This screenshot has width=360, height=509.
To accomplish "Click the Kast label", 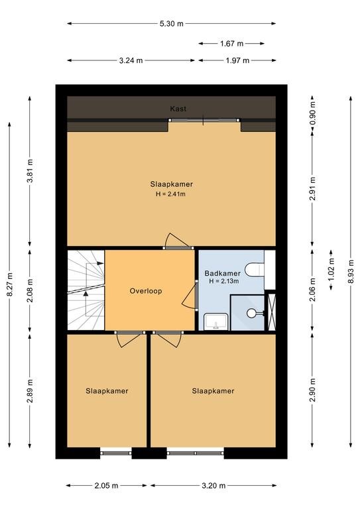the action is (x=178, y=109).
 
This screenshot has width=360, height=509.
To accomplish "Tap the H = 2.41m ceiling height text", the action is (x=170, y=194).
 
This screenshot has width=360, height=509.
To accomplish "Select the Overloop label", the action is (x=146, y=291).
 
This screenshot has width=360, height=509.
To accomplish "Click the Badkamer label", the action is (x=222, y=273).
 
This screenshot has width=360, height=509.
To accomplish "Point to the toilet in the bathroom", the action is (x=255, y=270).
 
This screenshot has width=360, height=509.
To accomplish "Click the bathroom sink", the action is (x=216, y=321).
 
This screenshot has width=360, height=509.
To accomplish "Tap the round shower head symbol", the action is (x=251, y=313).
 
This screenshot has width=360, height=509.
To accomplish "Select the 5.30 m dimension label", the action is (x=172, y=23).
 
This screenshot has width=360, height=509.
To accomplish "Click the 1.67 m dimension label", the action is (x=231, y=43).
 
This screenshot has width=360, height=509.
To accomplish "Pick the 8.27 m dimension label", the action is (x=10, y=284).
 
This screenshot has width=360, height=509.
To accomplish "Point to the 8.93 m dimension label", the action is (x=351, y=272).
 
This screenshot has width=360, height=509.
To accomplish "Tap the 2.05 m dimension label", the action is (x=107, y=486).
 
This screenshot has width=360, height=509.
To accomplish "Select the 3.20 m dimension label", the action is (x=213, y=486).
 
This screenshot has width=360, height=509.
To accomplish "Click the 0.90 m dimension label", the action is (x=313, y=113).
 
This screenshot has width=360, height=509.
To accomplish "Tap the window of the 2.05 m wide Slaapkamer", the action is (x=116, y=453).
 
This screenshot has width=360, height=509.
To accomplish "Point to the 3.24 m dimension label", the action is (x=131, y=60).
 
